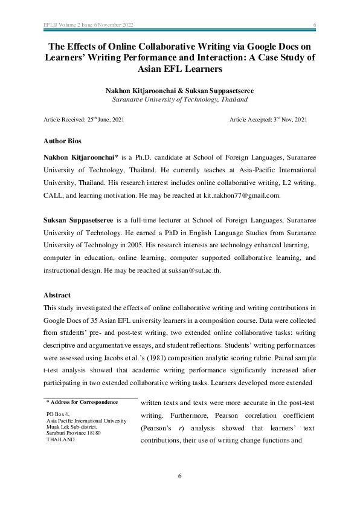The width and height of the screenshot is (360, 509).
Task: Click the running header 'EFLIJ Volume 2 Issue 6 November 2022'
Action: pos(89,25)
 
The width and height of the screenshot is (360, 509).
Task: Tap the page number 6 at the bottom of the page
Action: pos(179,476)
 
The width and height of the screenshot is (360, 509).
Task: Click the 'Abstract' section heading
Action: pos(57,295)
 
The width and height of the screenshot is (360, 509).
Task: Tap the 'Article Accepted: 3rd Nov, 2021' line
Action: pos(268,120)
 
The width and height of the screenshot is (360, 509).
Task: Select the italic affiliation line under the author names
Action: pos(179,99)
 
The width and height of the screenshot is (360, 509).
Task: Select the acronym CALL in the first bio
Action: pos(56,196)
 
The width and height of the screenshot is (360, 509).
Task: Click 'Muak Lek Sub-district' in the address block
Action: pos(74,427)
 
